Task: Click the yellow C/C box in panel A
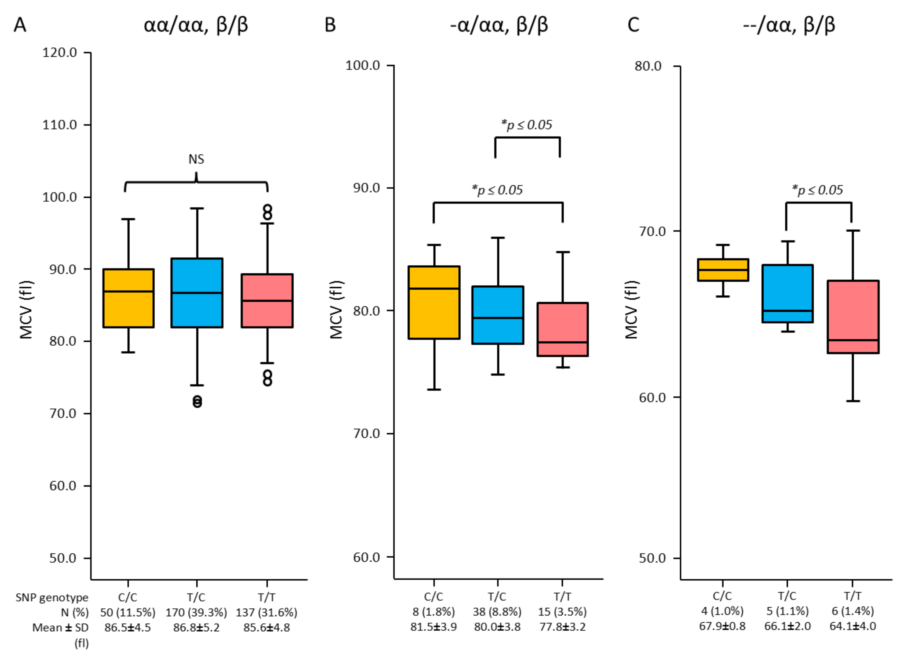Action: click(x=128, y=298)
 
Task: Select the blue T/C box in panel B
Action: click(x=497, y=315)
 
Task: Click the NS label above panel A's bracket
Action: click(x=196, y=159)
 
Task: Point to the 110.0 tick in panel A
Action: click(x=60, y=125)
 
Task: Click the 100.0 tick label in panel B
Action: click(x=362, y=65)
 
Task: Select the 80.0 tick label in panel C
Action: click(x=648, y=66)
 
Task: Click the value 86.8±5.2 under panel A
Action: click(x=196, y=628)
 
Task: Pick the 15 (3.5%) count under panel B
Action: click(x=562, y=611)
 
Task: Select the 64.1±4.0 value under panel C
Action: click(x=852, y=626)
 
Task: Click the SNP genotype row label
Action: click(x=52, y=597)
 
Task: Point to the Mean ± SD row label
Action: click(x=60, y=628)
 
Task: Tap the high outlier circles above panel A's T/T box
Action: click(x=267, y=213)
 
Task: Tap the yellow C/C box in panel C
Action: click(x=723, y=270)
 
